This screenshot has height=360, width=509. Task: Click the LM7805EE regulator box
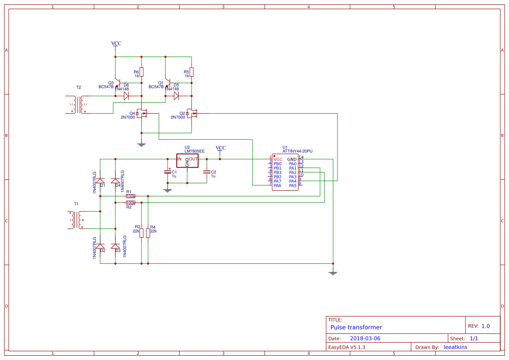click(x=187, y=160)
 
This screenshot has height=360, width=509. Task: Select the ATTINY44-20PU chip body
click(x=285, y=172)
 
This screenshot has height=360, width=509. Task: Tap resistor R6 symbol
click(x=142, y=72)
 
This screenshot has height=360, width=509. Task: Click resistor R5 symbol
click(x=192, y=72)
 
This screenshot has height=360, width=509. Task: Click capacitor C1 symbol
click(x=168, y=172)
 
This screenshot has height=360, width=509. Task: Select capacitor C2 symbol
click(x=207, y=172)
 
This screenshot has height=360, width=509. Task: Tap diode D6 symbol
click(x=126, y=96)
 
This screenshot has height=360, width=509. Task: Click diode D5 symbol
click(x=176, y=96)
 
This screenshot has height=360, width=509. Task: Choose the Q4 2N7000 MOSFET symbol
click(x=142, y=114)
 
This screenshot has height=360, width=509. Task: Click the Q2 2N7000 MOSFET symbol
click(x=192, y=114)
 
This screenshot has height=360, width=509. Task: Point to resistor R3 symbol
click(x=142, y=232)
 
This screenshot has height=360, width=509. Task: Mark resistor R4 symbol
click(x=148, y=232)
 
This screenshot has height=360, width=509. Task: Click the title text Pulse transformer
click(x=356, y=327)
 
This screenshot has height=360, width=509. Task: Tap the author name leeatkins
click(x=455, y=347)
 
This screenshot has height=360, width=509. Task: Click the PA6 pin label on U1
click(x=277, y=186)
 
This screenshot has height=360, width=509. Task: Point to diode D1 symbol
click(x=100, y=181)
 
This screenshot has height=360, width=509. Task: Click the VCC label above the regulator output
click(x=221, y=148)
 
